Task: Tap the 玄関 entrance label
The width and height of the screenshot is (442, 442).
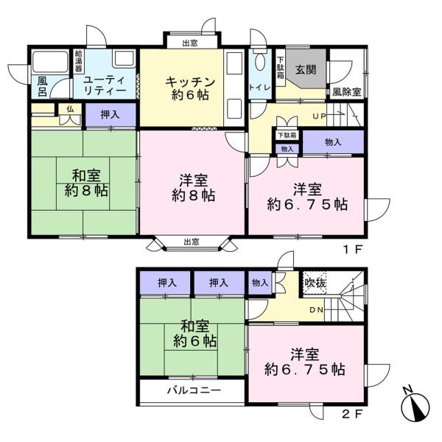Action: tap(306, 70)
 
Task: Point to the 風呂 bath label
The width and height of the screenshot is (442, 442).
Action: tap(42, 86)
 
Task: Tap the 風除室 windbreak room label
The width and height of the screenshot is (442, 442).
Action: tap(346, 92)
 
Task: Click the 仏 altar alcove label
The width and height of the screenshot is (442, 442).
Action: tap(70, 109)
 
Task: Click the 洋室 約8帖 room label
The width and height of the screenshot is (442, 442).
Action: tap(194, 188)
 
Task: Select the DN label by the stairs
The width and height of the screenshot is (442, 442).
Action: tap(317, 309)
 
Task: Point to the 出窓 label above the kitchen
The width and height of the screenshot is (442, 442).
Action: tap(189, 43)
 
